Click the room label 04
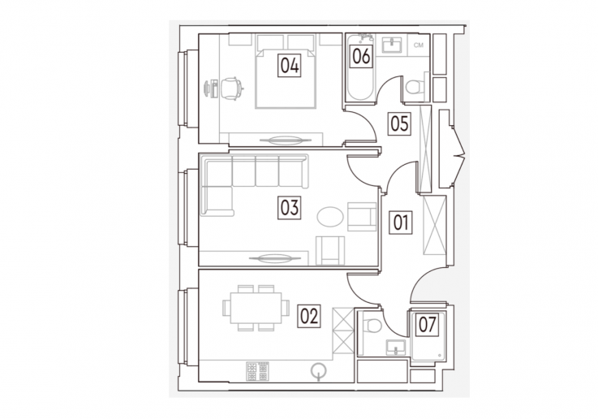coord(289,65)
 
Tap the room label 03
coord(289,208)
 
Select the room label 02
coord(309,316)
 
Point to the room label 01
coord(401,222)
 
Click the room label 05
coord(399,123)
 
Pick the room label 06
coord(361,57)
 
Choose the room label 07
coord(427,325)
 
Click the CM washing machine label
coord(419,45)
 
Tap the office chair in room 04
coord(231,89)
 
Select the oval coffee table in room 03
coord(330,217)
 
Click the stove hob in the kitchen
coord(257,371)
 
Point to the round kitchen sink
coord(318,371)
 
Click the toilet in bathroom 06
coord(415,87)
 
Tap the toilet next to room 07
coord(372,324)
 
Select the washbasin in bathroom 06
coord(392,45)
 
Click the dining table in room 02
coord(256,309)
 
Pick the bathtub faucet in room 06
coord(365,37)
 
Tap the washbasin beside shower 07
coord(396,348)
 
